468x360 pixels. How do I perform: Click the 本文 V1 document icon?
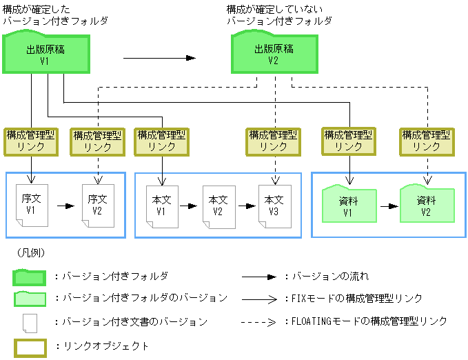(x=161, y=204)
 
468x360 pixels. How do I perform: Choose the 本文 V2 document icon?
(x=218, y=204)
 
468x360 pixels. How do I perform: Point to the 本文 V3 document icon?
(x=274, y=204)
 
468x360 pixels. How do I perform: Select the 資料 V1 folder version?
(x=348, y=204)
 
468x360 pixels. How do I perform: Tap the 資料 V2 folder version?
(x=426, y=204)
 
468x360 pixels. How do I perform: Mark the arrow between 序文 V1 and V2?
(x=65, y=206)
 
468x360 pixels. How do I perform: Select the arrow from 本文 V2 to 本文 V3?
(x=246, y=206)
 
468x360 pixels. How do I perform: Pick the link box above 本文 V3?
(x=274, y=141)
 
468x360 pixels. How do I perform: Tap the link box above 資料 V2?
(x=426, y=141)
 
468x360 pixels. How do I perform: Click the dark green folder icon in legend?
(x=29, y=277)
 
